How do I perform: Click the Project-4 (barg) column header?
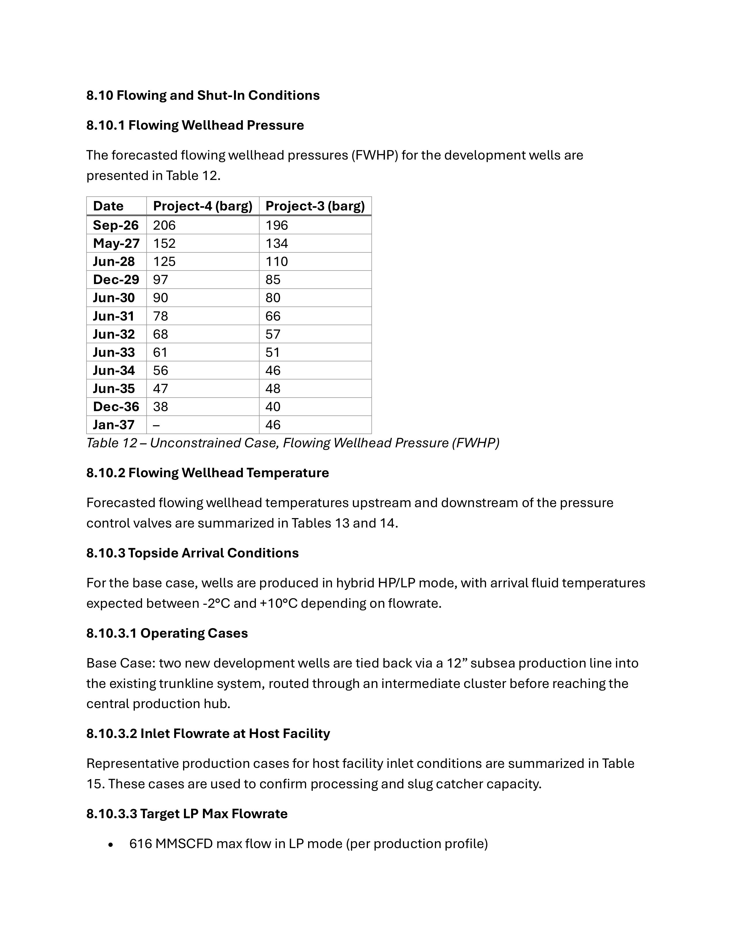(x=202, y=206)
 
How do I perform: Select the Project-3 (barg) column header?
(x=315, y=206)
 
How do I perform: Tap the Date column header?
(x=108, y=206)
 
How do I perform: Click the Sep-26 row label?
(x=116, y=225)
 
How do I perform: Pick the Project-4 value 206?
(x=164, y=225)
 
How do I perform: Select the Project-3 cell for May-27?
(x=277, y=243)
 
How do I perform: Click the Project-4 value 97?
(x=160, y=279)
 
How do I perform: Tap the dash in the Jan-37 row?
(x=156, y=425)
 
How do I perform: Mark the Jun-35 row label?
(x=114, y=388)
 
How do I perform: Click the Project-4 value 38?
(x=160, y=407)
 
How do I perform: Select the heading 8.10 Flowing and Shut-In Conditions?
(x=203, y=95)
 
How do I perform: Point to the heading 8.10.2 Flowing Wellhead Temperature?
(x=207, y=473)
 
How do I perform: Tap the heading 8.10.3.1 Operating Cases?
(x=167, y=633)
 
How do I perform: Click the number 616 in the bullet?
(x=140, y=844)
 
